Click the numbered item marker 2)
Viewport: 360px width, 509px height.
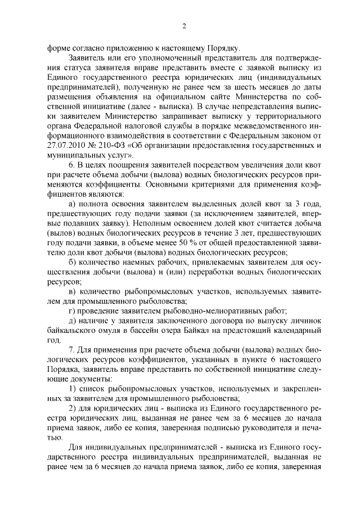click(72, 408)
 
